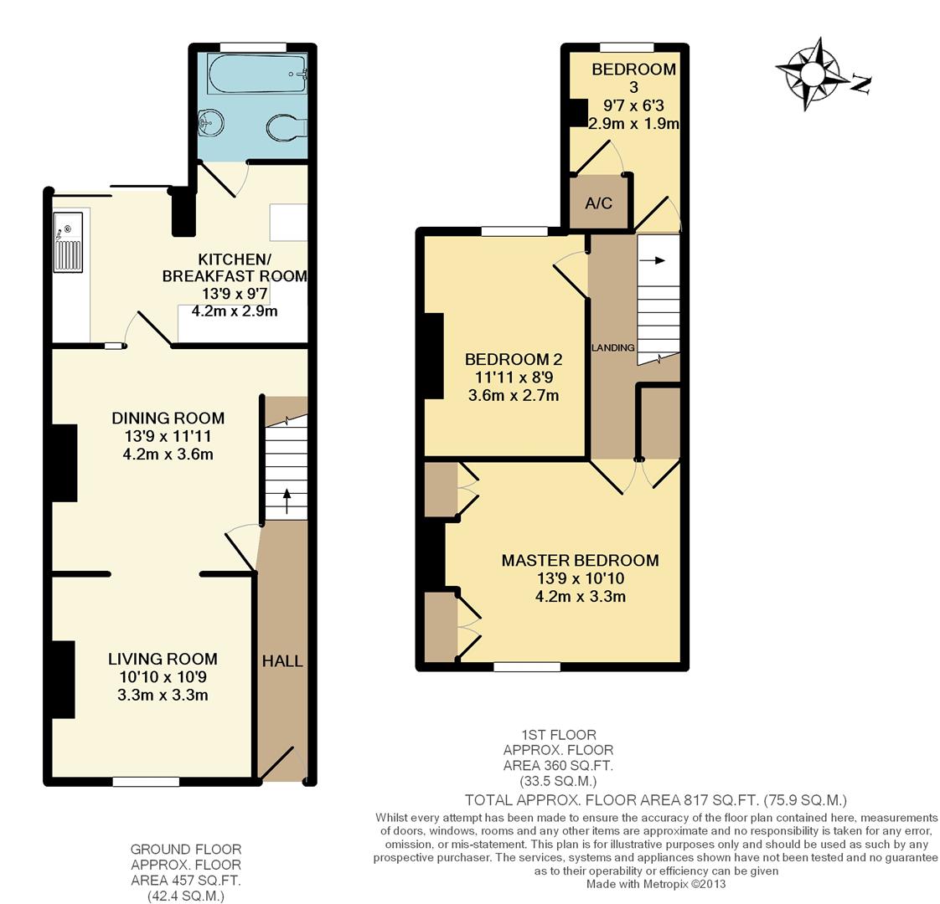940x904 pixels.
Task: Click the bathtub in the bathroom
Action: click(258, 73)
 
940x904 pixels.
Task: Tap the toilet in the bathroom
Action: click(287, 127)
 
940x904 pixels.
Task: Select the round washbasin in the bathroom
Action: click(211, 123)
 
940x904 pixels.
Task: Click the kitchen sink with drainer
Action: click(68, 242)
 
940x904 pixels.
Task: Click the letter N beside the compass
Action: click(861, 84)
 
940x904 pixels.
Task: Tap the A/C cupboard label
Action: click(598, 203)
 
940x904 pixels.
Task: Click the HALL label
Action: click(282, 660)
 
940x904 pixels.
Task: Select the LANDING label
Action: click(612, 347)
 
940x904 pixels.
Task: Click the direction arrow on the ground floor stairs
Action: click(287, 501)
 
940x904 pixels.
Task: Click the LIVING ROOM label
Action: click(163, 659)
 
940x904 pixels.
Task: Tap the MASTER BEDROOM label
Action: click(580, 560)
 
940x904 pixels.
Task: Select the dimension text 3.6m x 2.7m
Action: click(514, 395)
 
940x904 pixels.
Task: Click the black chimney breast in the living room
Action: click(63, 680)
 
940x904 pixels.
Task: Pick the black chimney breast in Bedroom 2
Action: click(434, 356)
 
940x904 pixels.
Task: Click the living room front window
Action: click(146, 781)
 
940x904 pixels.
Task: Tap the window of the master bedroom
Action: click(527, 666)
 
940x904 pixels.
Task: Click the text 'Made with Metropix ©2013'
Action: click(656, 884)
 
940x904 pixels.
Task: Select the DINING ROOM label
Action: click(168, 419)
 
